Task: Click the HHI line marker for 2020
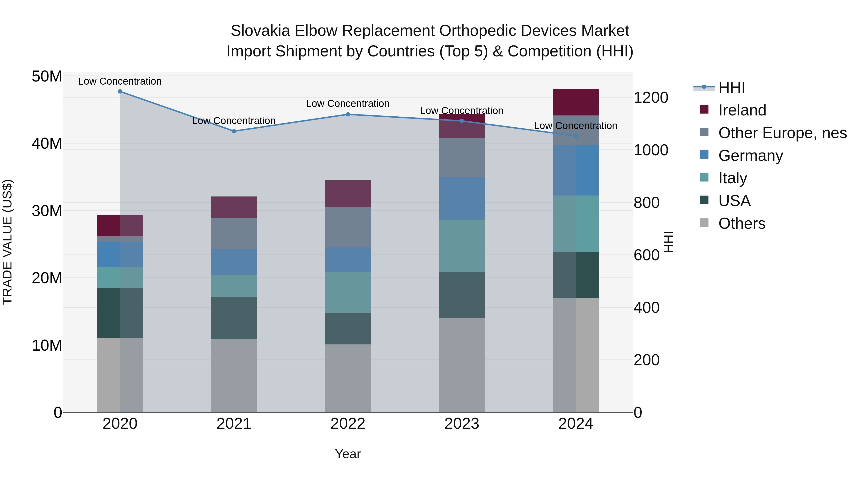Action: (120, 92)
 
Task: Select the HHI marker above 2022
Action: (348, 114)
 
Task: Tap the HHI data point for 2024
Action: (575, 136)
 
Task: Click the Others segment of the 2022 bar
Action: (348, 378)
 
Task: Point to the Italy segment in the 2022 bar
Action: (348, 292)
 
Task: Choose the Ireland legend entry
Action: (742, 110)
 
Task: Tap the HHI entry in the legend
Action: (731, 87)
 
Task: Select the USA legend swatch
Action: (704, 200)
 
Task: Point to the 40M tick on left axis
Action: (47, 144)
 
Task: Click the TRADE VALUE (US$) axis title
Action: (7, 242)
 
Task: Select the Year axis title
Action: (348, 454)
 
